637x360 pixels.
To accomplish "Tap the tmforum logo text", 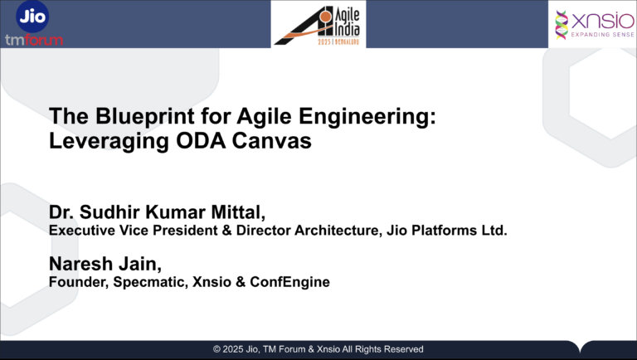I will point(33,39).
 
